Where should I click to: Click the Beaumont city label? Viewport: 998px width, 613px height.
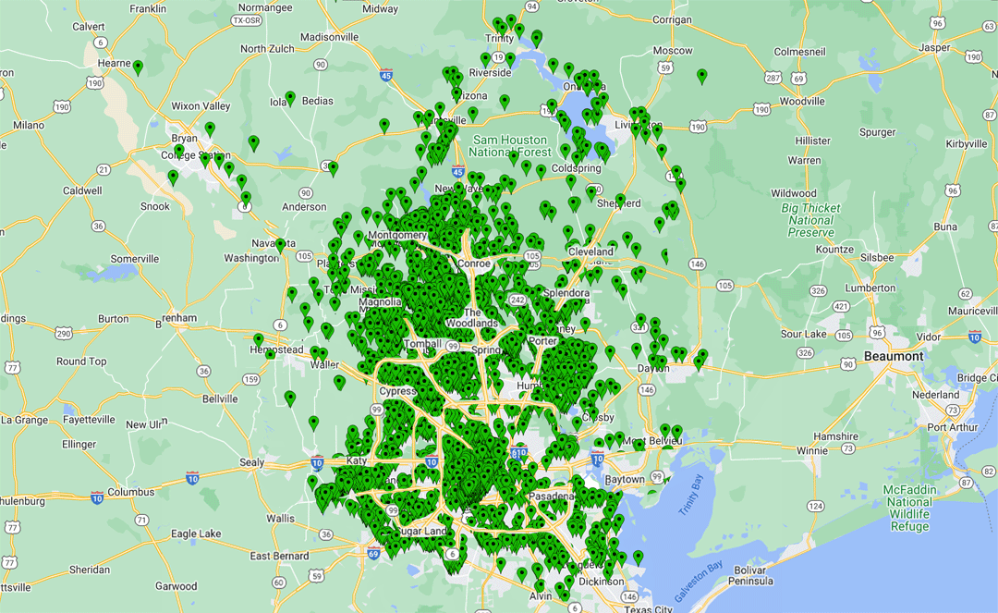tap(894, 356)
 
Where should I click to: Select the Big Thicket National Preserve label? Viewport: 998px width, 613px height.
tap(810, 220)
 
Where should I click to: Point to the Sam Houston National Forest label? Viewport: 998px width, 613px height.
tap(509, 146)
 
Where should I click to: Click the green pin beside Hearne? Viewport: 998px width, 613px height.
tap(138, 67)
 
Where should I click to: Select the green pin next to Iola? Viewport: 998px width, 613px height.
tap(290, 97)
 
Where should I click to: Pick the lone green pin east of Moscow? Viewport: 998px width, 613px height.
tap(702, 75)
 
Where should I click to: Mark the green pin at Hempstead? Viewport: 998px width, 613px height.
tap(259, 339)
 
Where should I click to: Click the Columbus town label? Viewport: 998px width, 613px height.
tap(131, 492)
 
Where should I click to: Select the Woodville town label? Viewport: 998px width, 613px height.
tap(801, 101)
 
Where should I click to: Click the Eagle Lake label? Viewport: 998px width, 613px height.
tap(197, 533)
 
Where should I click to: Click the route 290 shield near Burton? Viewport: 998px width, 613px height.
tap(64, 333)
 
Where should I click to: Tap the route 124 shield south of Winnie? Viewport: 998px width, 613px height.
tap(815, 506)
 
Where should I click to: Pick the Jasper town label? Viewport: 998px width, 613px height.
tap(934, 47)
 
